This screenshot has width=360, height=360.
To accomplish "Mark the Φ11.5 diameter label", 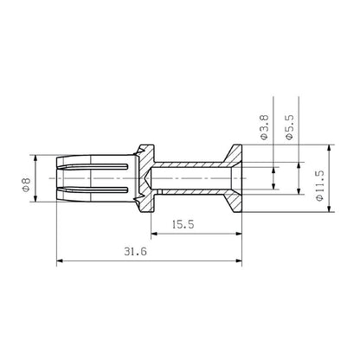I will pos(319,186).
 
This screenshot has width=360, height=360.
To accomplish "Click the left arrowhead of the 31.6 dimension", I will pos(61,260).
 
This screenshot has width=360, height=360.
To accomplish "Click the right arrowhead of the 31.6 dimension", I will pos(241,260).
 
